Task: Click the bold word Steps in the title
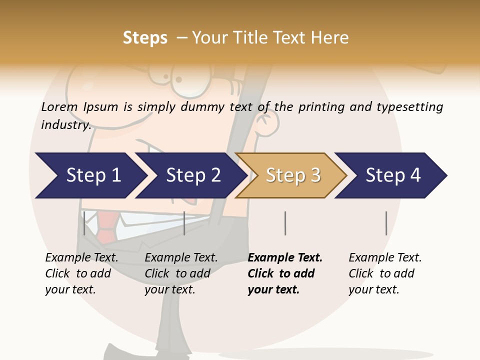coord(145,38)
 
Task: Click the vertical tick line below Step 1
coord(84,223)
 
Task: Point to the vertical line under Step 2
coord(184,223)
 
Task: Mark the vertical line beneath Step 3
coord(285,223)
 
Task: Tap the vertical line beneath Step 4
coord(386,223)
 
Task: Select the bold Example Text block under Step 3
coord(284,273)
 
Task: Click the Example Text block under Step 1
coord(81,273)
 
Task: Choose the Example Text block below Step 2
coord(181,273)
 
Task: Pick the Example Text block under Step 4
coord(385,273)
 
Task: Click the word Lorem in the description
coord(59,107)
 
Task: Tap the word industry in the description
coord(65,125)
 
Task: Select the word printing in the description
coord(321,107)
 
